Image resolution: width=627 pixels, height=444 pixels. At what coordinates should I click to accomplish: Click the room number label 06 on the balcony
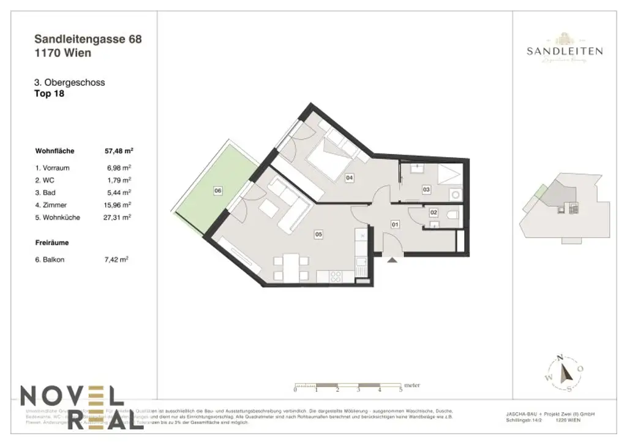coord(217,191)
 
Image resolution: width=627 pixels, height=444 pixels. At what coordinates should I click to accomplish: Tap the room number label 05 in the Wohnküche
coord(318,234)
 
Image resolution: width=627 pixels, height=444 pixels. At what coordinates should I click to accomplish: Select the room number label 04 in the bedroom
coord(349,178)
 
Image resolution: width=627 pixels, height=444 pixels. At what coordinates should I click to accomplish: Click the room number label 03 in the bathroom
coord(426,191)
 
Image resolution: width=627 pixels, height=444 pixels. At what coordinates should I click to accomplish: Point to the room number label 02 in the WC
coord(434,212)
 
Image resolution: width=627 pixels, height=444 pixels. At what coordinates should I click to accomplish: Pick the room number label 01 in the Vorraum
coord(395,224)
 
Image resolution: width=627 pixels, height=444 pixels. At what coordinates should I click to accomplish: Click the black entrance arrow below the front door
coord(392,259)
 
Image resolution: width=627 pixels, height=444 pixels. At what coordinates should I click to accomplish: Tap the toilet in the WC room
coord(452,214)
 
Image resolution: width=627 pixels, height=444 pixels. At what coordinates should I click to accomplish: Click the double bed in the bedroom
coord(331,158)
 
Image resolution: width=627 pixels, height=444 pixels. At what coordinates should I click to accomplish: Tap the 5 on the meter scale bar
coord(400,390)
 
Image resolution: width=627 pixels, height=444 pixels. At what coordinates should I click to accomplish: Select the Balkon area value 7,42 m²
coord(116,259)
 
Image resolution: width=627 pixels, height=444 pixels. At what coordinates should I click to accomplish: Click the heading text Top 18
coord(50,94)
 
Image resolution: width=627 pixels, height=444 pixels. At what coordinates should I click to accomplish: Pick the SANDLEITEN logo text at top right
coord(565,52)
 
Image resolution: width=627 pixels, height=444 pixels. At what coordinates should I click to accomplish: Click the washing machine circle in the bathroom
coord(454,194)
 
